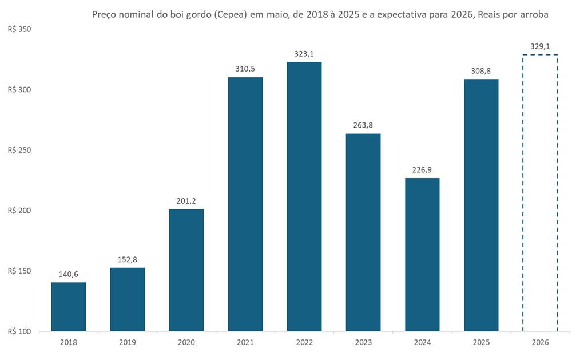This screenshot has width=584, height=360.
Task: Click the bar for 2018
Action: tap(69, 307)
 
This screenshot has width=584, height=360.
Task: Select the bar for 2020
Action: tap(186, 270)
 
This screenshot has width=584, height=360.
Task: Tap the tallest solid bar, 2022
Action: tap(304, 196)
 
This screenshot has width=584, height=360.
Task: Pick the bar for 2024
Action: tap(422, 255)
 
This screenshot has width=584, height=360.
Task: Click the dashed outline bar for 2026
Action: tap(540, 193)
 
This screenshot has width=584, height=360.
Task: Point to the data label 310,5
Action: tap(245, 69)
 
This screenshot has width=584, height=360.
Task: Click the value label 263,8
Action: tap(363, 125)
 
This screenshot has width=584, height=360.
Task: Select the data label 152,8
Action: tap(128, 259)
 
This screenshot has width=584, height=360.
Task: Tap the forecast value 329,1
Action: tap(540, 46)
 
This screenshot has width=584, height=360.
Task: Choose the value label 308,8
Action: tap(481, 70)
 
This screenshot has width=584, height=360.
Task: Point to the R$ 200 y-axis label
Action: tap(19, 211)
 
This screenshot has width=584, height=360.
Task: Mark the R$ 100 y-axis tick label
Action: tap(19, 331)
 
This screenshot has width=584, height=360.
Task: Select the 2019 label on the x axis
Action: tap(128, 342)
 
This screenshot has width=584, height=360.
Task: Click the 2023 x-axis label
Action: tap(363, 342)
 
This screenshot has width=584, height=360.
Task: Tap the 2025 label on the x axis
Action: tap(481, 342)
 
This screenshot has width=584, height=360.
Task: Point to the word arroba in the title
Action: tap(534, 15)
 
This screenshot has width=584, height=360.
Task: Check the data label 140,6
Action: tap(69, 274)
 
